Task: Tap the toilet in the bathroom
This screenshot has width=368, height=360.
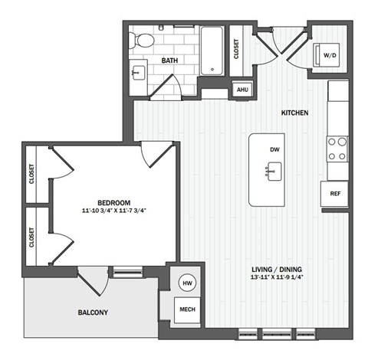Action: point(144,40)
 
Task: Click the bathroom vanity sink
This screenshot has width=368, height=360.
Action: point(138,74)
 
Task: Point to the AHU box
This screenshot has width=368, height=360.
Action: point(242,90)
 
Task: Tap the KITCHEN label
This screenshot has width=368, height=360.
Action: point(294,113)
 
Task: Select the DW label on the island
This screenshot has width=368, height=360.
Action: point(274,149)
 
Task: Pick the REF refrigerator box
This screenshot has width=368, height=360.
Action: point(335,193)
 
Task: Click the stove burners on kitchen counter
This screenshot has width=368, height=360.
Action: point(337,148)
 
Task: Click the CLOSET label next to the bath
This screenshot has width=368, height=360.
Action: point(235,49)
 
